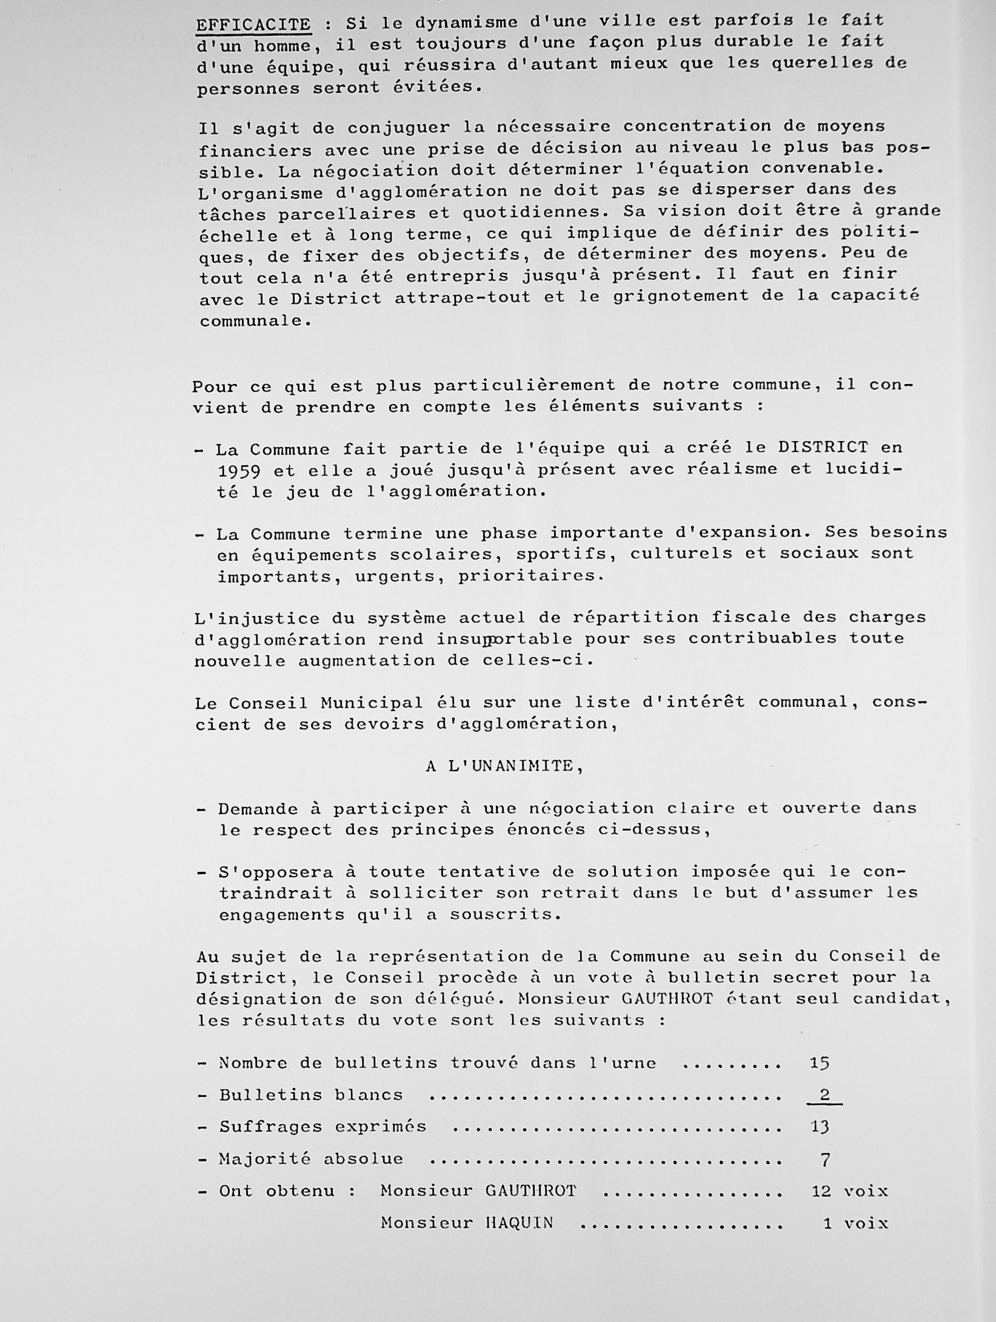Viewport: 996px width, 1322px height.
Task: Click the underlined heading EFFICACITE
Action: [253, 25]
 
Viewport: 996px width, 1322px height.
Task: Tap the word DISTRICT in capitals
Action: [823, 448]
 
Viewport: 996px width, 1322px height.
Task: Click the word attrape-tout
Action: [463, 297]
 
